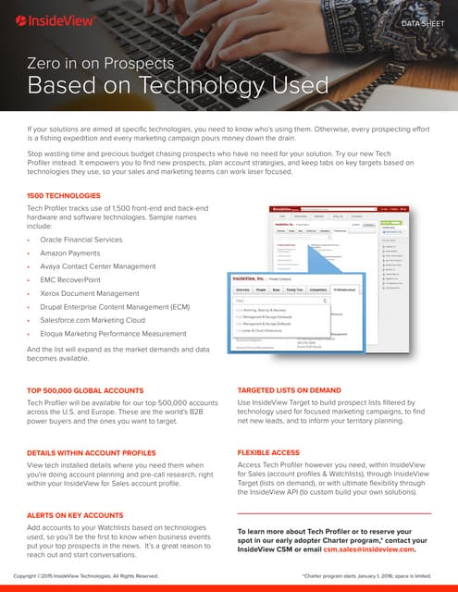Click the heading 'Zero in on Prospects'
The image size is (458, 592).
pos(101,64)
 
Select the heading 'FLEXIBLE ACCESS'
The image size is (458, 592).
pos(269,452)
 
